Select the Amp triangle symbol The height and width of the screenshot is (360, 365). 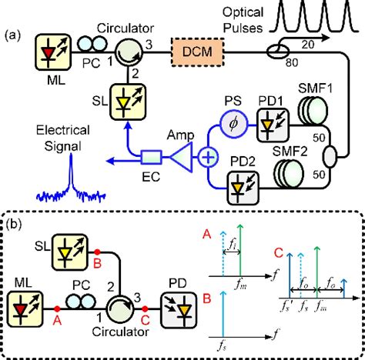(x=179, y=155)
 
